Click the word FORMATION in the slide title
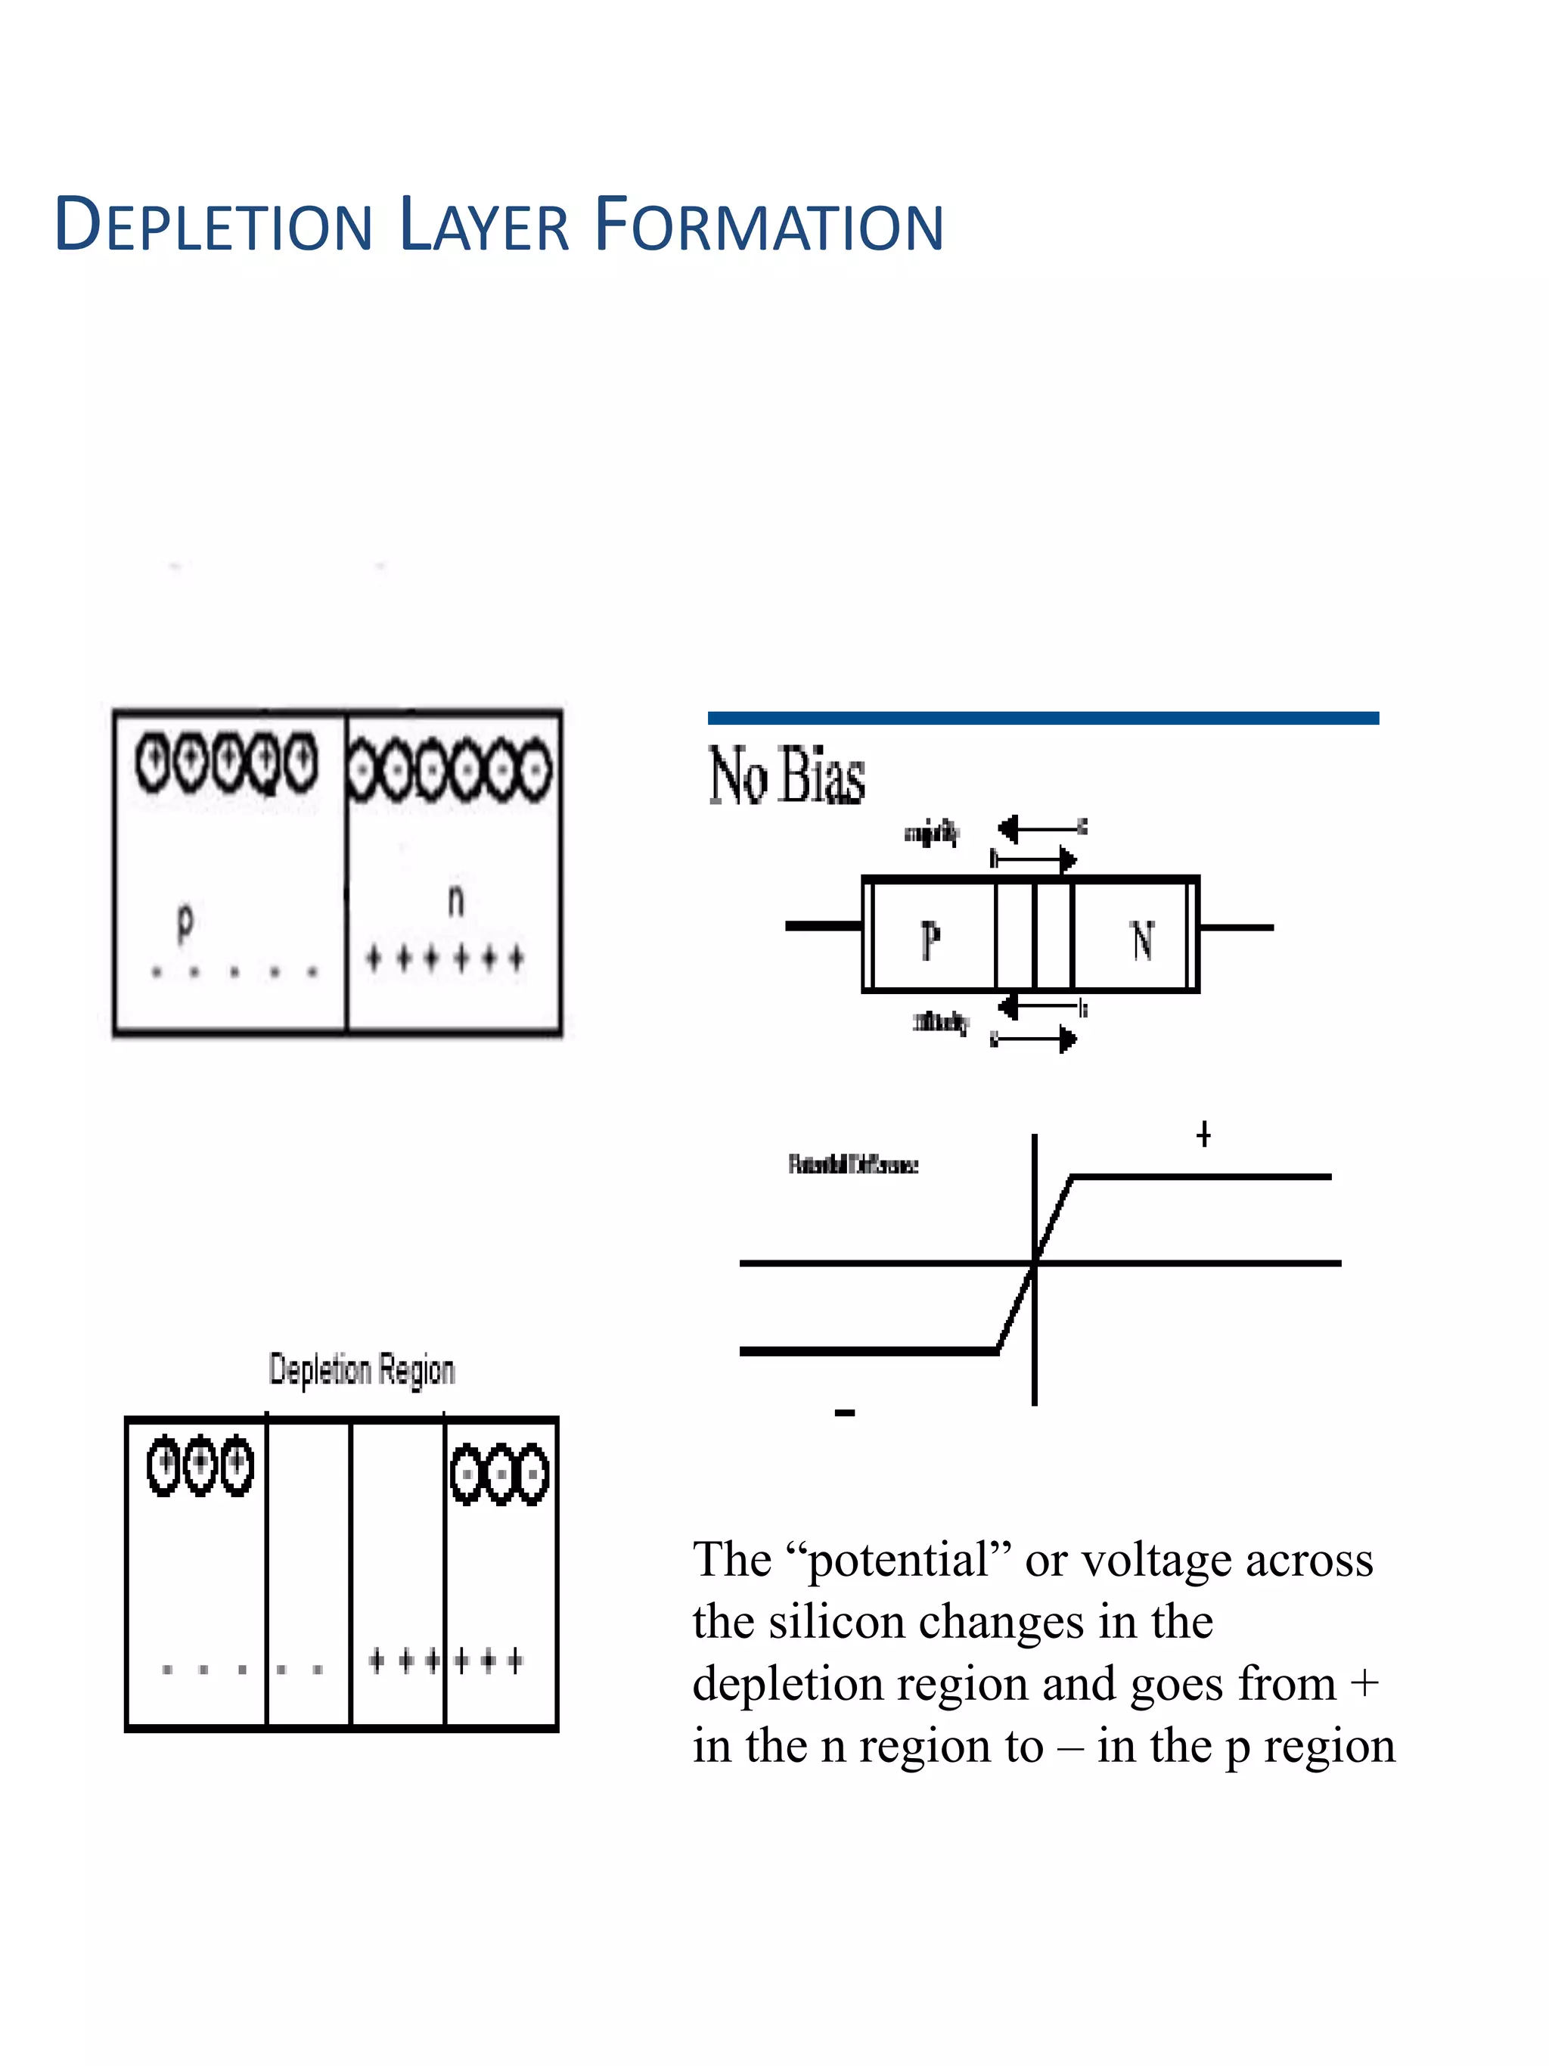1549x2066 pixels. tap(768, 226)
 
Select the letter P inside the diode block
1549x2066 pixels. tap(930, 940)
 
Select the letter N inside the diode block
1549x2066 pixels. tap(1142, 940)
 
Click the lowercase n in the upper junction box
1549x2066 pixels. tap(455, 900)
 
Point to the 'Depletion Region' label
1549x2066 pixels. tap(362, 1369)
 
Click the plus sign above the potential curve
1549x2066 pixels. tap(1203, 1135)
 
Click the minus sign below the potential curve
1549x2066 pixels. tap(844, 1413)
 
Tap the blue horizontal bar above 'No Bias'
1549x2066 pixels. tap(1042, 717)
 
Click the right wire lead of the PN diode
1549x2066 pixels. tap(1236, 927)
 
